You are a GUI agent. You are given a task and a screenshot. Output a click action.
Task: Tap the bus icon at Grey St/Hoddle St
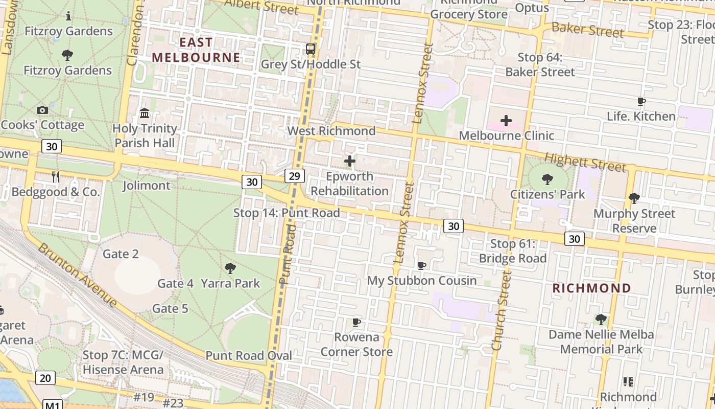pyautogui.click(x=311, y=49)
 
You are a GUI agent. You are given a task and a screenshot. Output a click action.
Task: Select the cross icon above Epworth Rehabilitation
pyautogui.click(x=350, y=162)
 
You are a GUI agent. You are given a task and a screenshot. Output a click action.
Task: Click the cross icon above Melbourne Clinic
pyautogui.click(x=506, y=121)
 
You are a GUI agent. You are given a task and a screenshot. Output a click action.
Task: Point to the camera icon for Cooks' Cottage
pyautogui.click(x=42, y=110)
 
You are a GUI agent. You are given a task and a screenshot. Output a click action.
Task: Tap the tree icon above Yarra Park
pyautogui.click(x=230, y=268)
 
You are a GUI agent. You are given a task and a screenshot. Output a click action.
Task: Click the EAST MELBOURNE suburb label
pyautogui.click(x=196, y=50)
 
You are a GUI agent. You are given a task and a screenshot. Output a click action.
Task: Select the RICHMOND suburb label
pyautogui.click(x=592, y=288)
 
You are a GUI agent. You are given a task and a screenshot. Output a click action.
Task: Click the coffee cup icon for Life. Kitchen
pyautogui.click(x=641, y=101)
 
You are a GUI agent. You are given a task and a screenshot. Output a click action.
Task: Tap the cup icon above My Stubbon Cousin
pyautogui.click(x=422, y=265)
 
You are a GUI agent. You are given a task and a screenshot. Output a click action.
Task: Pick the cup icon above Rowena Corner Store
pyautogui.click(x=356, y=322)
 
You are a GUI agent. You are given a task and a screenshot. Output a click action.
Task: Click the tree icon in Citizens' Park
pyautogui.click(x=547, y=179)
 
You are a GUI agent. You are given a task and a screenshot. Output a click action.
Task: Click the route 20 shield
pyautogui.click(x=45, y=378)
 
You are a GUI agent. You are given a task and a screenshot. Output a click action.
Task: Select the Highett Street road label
pyautogui.click(x=585, y=162)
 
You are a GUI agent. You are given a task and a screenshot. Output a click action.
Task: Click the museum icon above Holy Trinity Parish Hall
pyautogui.click(x=145, y=113)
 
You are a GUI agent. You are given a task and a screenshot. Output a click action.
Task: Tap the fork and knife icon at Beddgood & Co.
pyautogui.click(x=56, y=177)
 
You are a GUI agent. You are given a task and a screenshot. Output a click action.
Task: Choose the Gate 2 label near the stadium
pyautogui.click(x=121, y=254)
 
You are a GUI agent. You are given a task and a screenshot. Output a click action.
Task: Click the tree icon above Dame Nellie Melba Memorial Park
pyautogui.click(x=601, y=320)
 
